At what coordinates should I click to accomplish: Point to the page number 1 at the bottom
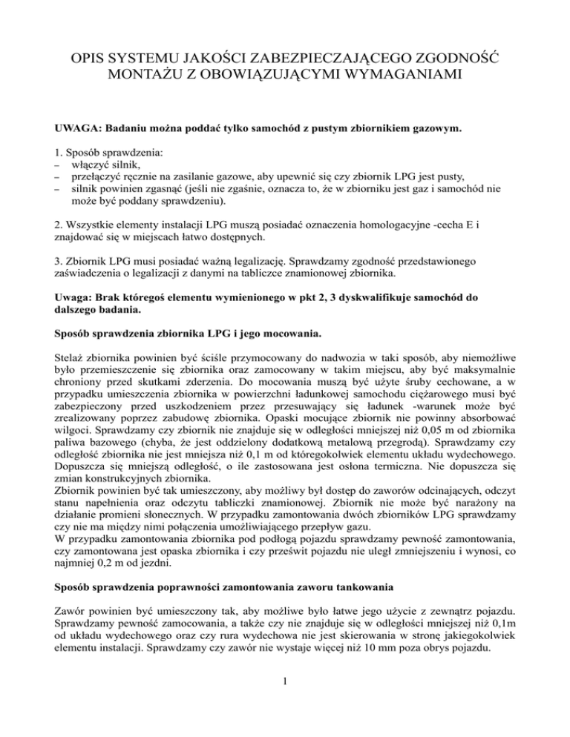point(285,724)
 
